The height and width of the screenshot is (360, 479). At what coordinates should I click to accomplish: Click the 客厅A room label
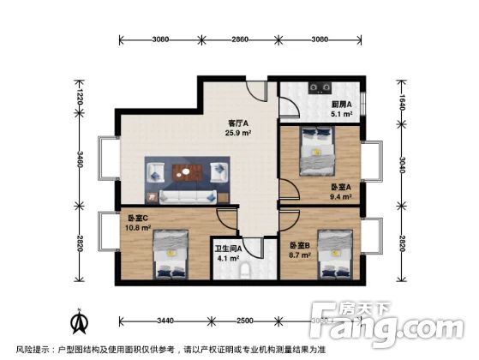[x=237, y=122]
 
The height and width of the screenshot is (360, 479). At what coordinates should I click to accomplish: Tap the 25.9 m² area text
[x=237, y=133]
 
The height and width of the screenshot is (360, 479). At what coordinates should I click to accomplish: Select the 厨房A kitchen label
[x=342, y=105]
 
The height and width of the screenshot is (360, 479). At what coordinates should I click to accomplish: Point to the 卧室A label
[x=341, y=188]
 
